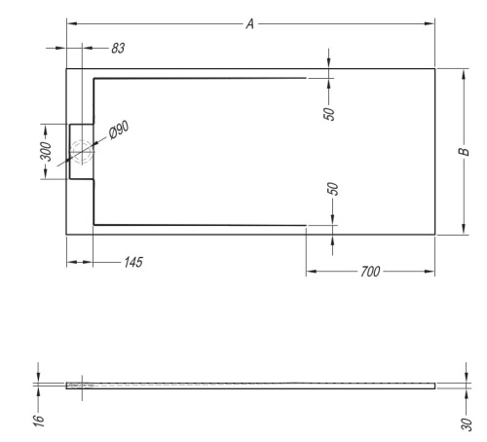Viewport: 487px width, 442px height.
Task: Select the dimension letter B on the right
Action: pyautogui.click(x=465, y=150)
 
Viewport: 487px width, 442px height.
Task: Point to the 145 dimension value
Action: pyautogui.click(x=130, y=262)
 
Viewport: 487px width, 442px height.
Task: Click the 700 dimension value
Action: pyautogui.click(x=369, y=271)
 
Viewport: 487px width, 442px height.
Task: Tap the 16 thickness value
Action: pyautogui.click(x=38, y=421)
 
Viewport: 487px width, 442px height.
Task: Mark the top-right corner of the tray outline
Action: pyautogui.click(x=435, y=68)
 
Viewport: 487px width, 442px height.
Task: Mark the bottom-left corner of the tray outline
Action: pyautogui.click(x=66, y=234)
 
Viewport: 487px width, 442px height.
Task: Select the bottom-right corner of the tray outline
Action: pyautogui.click(x=435, y=234)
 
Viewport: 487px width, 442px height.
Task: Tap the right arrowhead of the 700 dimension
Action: pyautogui.click(x=431, y=271)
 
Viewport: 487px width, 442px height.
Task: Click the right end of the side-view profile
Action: pyautogui.click(x=435, y=386)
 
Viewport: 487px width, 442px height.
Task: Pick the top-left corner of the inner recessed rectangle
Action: pyautogui.click(x=93, y=78)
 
